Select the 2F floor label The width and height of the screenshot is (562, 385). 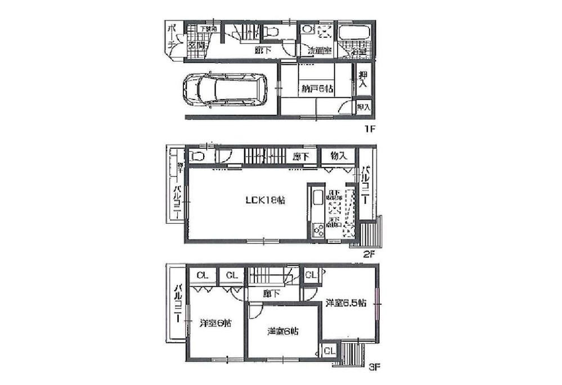coord(368,253)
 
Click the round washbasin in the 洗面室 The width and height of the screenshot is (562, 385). coord(307,29)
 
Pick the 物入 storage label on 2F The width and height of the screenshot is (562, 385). coord(338,156)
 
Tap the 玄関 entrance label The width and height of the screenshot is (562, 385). coord(196,45)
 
